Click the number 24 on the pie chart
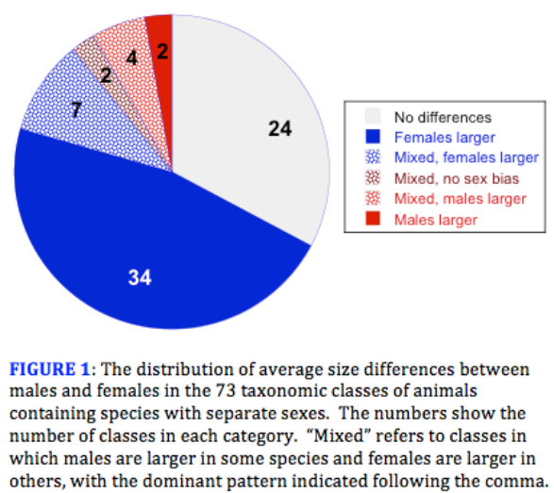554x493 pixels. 279,128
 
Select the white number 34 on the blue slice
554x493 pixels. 140,277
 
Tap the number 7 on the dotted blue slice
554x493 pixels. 76,109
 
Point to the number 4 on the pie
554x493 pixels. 132,58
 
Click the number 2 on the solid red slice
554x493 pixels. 162,52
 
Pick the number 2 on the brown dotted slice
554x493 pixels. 106,75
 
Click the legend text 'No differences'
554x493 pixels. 443,118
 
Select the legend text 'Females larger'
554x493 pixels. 445,138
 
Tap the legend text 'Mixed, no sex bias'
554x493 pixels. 457,178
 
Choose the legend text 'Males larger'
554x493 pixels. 436,220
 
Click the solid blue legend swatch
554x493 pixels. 373,137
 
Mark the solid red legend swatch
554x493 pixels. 373,219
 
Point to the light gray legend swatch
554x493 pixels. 373,116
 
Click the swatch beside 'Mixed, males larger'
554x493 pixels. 373,198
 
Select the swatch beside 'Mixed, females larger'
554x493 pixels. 373,157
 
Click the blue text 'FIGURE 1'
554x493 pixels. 49,370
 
